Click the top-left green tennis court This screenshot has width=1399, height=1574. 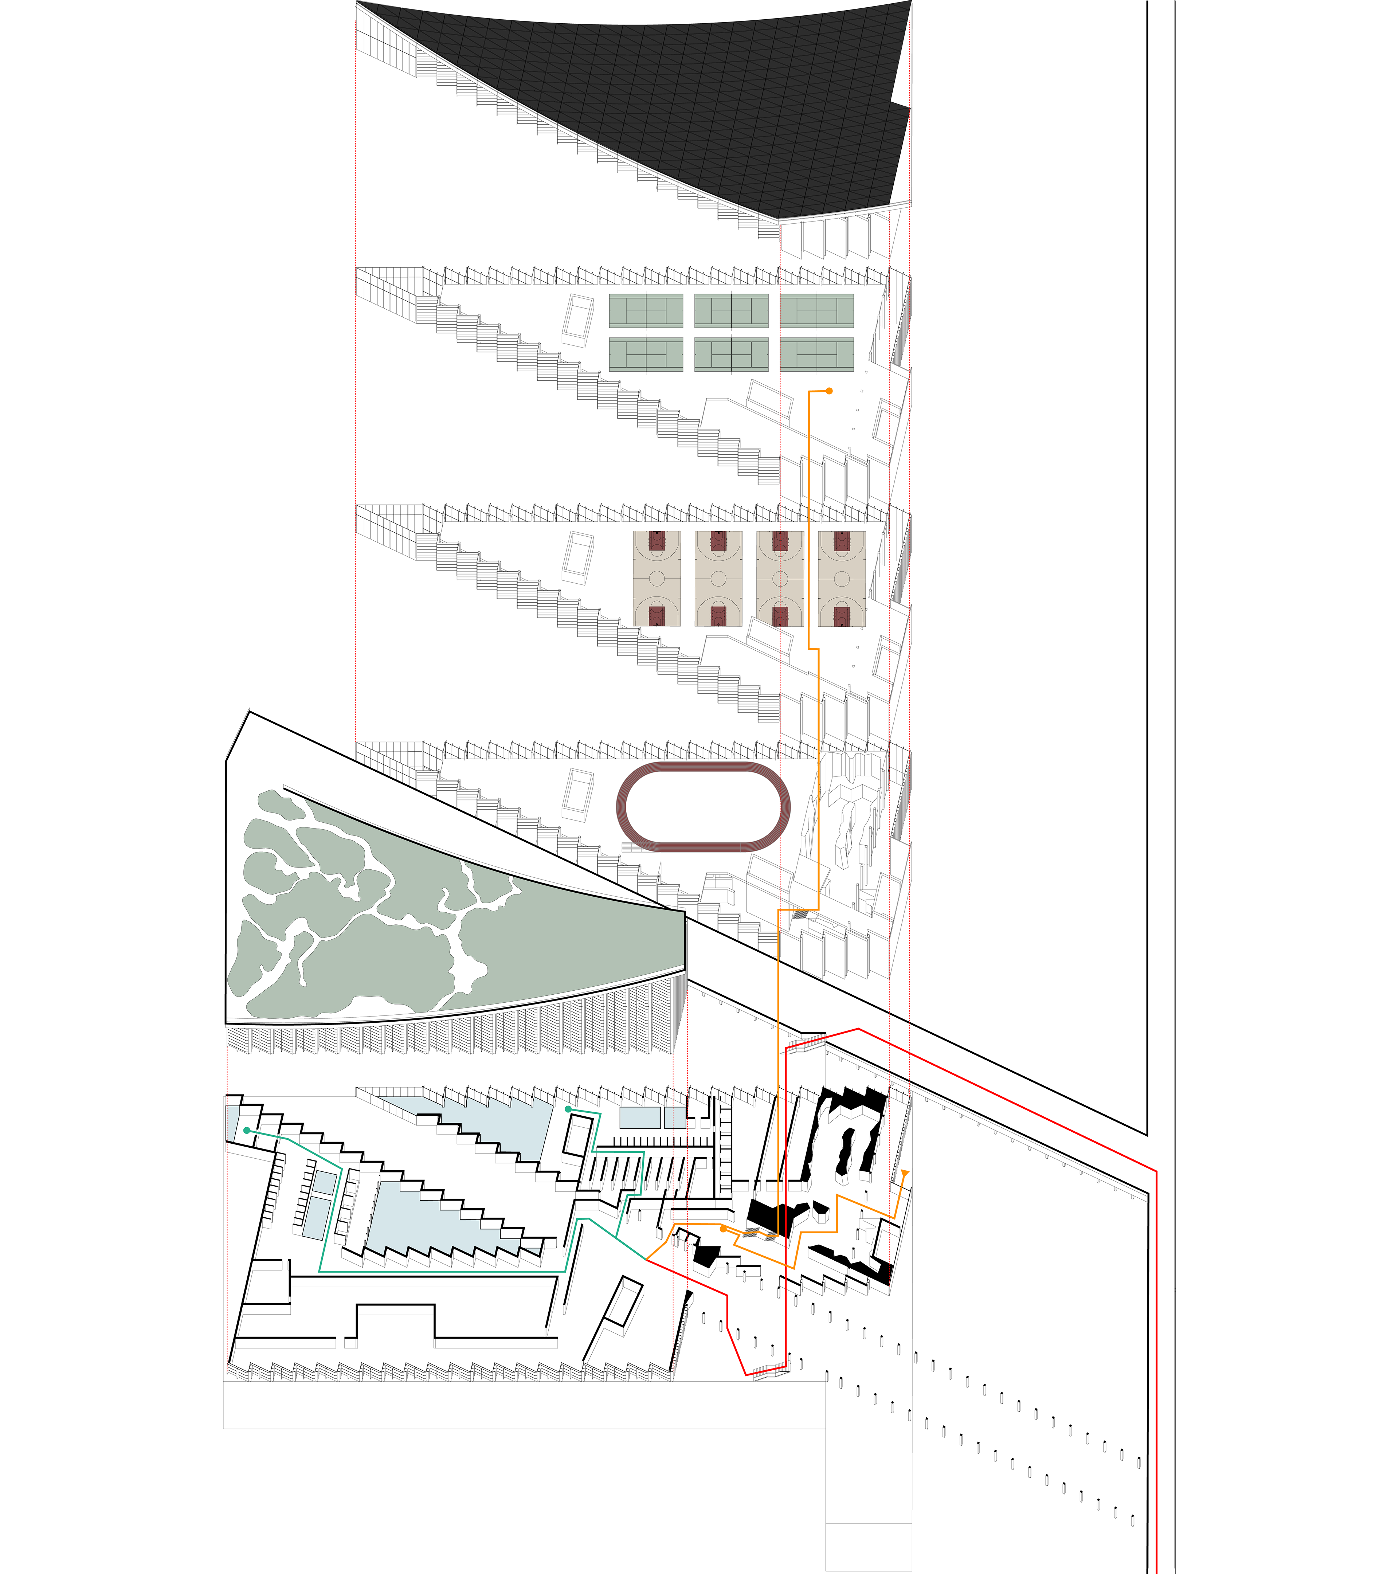(645, 310)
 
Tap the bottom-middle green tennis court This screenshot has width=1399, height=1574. (731, 354)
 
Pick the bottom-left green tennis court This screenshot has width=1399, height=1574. (645, 354)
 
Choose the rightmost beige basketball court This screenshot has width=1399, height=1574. (842, 578)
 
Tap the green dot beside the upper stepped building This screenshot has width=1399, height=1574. (568, 1109)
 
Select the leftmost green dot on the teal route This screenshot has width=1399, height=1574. (246, 1131)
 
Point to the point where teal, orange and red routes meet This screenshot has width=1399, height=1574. (646, 1260)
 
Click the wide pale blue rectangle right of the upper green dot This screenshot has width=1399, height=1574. (640, 1117)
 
